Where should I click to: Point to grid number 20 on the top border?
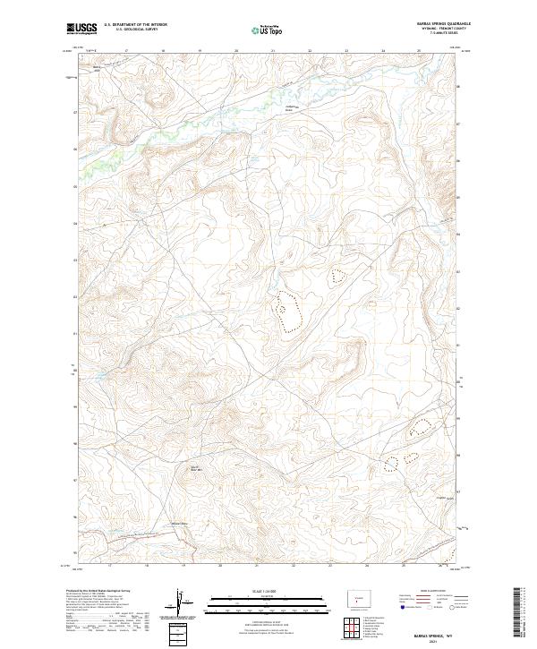235,52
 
